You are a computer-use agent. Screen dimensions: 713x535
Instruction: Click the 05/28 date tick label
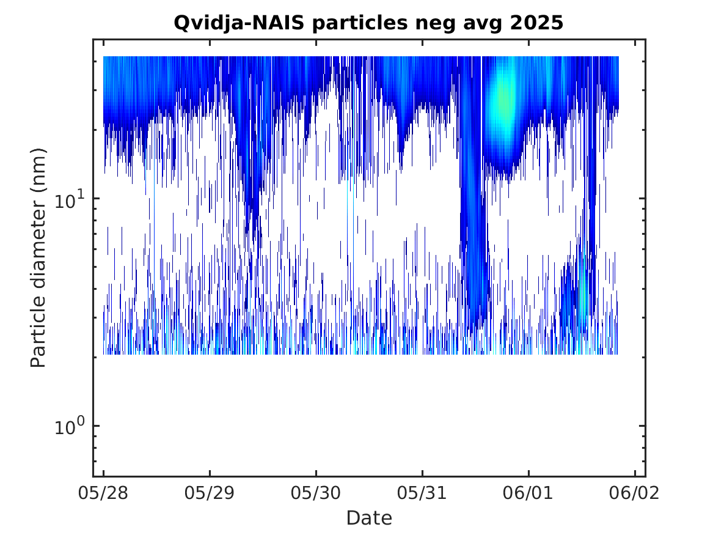(x=103, y=493)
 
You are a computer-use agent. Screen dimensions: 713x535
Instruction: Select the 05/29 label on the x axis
(x=210, y=493)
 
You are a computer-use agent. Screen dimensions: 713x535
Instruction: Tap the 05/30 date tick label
(x=316, y=493)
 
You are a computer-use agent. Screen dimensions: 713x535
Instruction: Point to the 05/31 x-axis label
(x=422, y=493)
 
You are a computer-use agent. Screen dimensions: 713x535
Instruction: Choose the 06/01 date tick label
(x=528, y=493)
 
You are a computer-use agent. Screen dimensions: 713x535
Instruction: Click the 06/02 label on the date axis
(x=635, y=493)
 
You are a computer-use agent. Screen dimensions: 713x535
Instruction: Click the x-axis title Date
(x=369, y=518)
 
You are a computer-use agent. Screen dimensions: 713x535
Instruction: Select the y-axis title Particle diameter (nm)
(x=38, y=257)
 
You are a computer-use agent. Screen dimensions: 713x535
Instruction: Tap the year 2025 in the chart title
(x=536, y=23)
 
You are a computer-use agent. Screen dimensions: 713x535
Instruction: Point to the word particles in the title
(x=360, y=23)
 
